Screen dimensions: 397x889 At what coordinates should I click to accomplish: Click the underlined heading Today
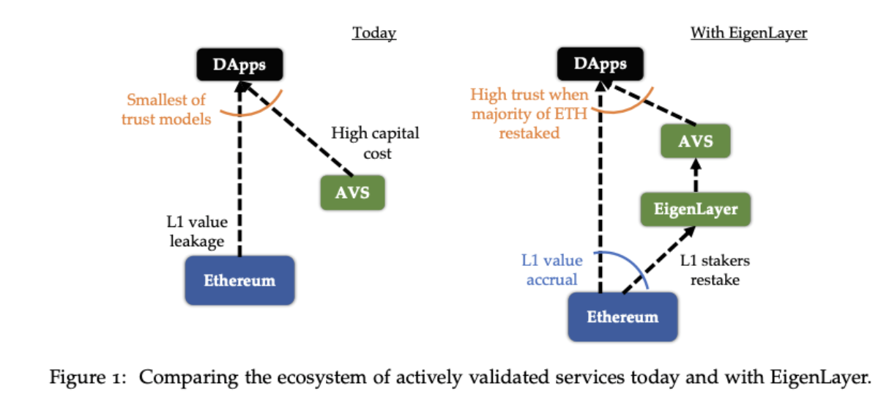374,33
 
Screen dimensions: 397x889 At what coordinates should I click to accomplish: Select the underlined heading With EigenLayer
748,33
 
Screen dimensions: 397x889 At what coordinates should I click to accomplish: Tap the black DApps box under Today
239,66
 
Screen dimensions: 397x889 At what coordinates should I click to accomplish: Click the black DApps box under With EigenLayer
600,64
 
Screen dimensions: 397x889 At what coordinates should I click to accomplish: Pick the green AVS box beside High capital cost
352,193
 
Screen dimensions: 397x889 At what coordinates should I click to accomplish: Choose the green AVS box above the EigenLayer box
695,141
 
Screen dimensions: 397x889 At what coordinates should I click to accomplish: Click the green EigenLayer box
695,209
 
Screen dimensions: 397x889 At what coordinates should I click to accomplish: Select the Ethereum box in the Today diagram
239,281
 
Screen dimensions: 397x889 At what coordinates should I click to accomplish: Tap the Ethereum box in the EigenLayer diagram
622,316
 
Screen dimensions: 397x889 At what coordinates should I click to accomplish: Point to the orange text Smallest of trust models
166,108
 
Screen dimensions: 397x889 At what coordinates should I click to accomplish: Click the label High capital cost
375,143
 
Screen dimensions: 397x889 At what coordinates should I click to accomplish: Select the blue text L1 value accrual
552,269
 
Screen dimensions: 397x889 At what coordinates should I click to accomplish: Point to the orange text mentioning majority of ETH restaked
529,114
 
